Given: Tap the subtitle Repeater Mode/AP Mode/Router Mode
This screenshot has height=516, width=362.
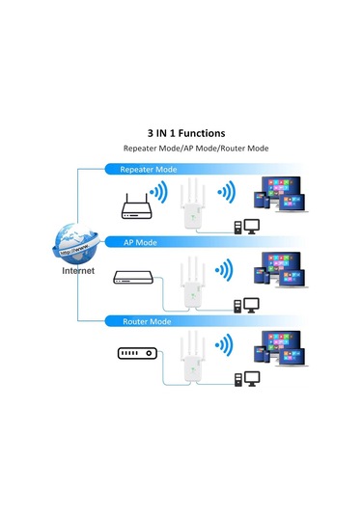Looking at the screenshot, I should click(195, 149).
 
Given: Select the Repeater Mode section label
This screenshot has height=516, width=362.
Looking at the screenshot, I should click(148, 169).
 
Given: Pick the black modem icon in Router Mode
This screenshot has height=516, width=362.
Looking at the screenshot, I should click(135, 354).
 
